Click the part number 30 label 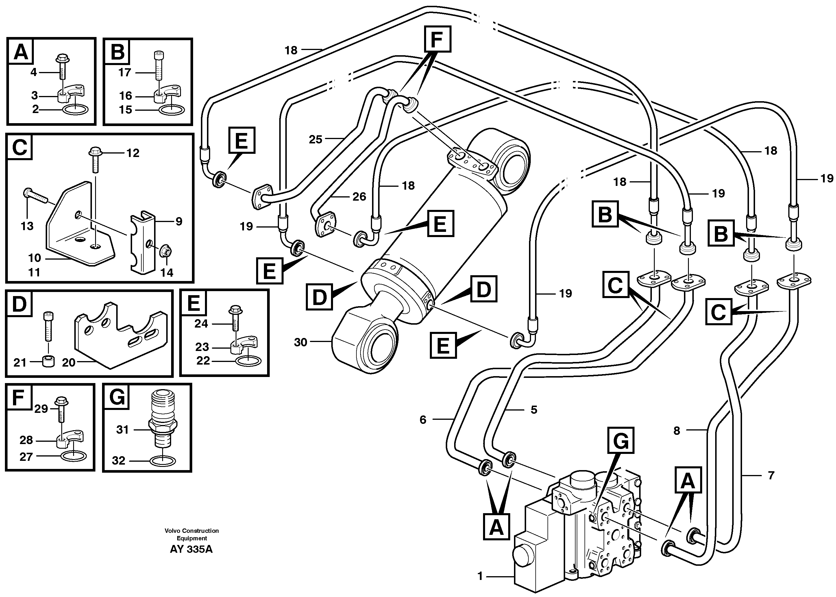tap(300, 343)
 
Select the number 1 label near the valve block tap(480, 576)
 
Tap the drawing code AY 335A tap(191, 550)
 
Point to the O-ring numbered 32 tap(164, 460)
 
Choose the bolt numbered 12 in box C tap(95, 161)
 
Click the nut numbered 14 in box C tap(164, 252)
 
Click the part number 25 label tap(315, 139)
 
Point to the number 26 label tap(359, 197)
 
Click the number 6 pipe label tap(423, 419)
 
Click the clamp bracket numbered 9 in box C tap(143, 241)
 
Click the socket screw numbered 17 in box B tap(157, 65)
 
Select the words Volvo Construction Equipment tap(191, 535)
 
